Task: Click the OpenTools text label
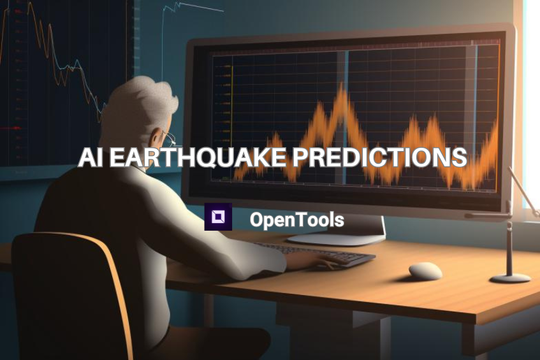click(x=296, y=220)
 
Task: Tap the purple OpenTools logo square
click(x=217, y=217)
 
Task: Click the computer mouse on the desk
click(x=425, y=271)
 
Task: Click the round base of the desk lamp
click(x=510, y=277)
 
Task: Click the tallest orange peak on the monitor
click(x=344, y=96)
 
